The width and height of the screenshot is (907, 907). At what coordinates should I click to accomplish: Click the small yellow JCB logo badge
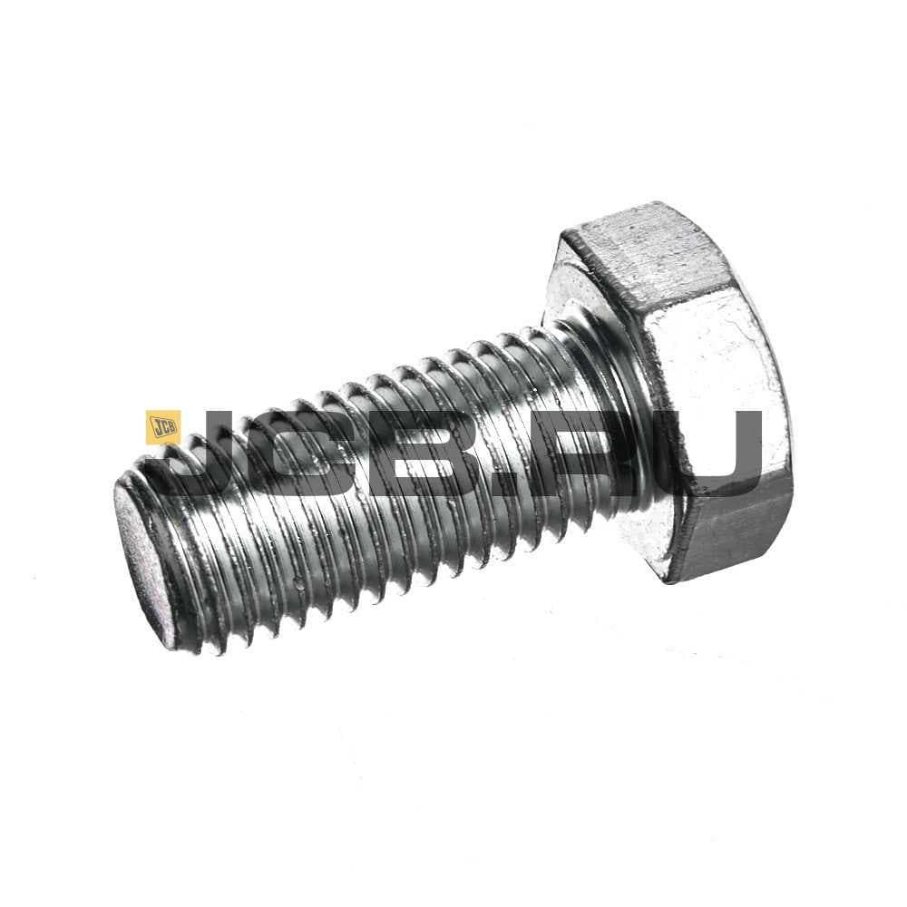click(163, 427)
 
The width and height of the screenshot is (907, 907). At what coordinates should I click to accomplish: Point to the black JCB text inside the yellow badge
click(163, 427)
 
